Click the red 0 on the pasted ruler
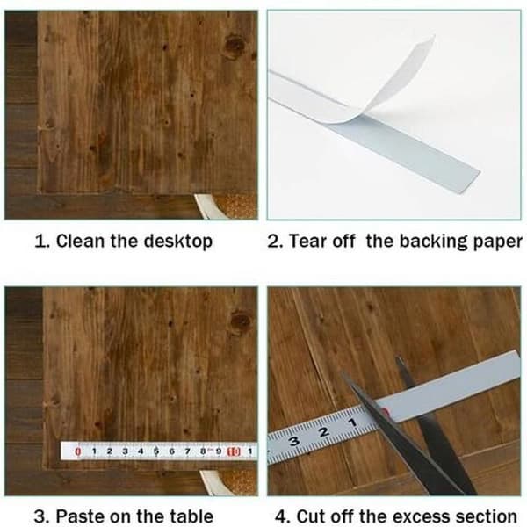(78, 451)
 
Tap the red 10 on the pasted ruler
(234, 451)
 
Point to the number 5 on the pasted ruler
(156, 451)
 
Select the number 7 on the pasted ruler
(188, 451)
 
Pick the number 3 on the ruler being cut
(295, 441)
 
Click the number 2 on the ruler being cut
(324, 431)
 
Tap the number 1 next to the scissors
(352, 422)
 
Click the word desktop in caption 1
(178, 242)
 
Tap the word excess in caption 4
(419, 516)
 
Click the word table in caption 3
(191, 516)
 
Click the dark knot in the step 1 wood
(235, 46)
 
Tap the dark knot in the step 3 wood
(240, 322)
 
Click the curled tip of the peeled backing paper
(432, 37)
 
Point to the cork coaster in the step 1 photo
(236, 206)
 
